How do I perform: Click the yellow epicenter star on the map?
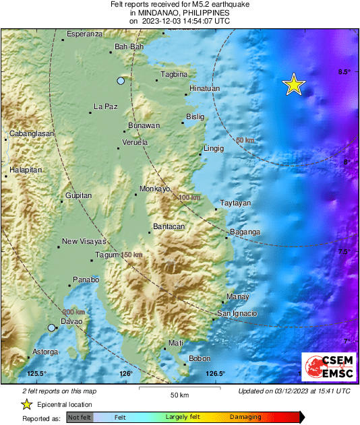(293, 84)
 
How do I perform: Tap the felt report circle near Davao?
(51, 328)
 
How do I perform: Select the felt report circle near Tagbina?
(121, 81)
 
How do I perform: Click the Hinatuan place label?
(204, 88)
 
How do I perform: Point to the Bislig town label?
(194, 117)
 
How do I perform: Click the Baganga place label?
(245, 232)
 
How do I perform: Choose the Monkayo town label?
(154, 189)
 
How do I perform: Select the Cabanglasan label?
(31, 134)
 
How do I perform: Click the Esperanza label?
(85, 34)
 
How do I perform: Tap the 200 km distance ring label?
(73, 312)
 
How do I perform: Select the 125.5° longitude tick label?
(36, 374)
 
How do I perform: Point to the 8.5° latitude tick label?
(344, 72)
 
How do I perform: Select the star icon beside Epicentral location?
(26, 405)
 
